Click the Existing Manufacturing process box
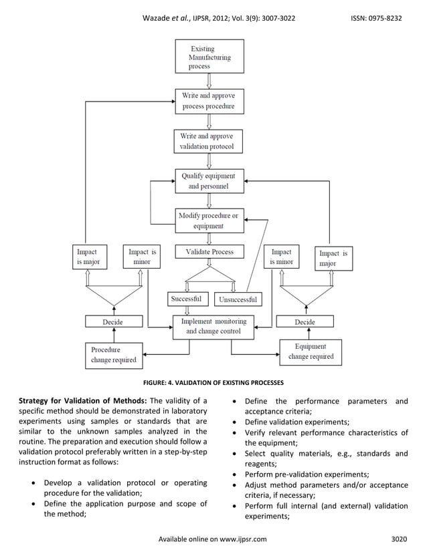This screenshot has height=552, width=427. (209, 57)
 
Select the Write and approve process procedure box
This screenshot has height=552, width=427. (209, 101)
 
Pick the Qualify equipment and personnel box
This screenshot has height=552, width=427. (209, 181)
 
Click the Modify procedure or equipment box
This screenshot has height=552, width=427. (209, 221)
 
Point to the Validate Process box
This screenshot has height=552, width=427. (209, 252)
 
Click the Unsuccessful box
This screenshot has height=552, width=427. (238, 299)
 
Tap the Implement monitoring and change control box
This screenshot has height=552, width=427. (213, 326)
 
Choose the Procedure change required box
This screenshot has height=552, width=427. (113, 355)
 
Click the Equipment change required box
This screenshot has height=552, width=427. (311, 352)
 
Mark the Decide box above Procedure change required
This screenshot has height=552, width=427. (113, 321)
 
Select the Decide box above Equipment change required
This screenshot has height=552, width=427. (305, 321)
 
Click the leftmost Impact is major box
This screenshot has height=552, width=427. (88, 257)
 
